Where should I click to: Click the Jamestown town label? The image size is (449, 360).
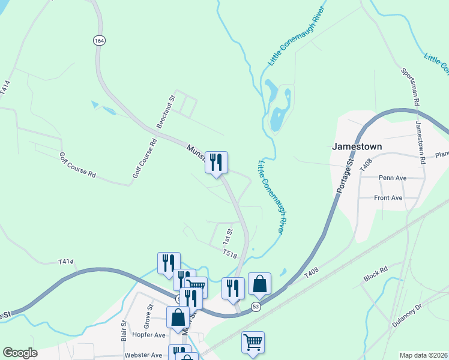pos(357,146)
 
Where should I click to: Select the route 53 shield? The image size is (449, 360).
pos(256,307)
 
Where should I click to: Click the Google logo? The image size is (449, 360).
pos(20,353)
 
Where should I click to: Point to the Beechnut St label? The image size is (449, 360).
pos(165,111)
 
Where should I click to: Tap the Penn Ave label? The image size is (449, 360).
pos(393,178)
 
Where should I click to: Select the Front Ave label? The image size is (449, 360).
pos(388,197)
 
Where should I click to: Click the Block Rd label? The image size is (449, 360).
pos(376,276)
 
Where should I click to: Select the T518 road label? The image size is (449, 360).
pos(231,255)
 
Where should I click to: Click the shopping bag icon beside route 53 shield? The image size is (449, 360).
pos(259,284)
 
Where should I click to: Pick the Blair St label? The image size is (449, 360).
pos(124,331)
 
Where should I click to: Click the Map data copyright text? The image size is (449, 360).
pos(424,355)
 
